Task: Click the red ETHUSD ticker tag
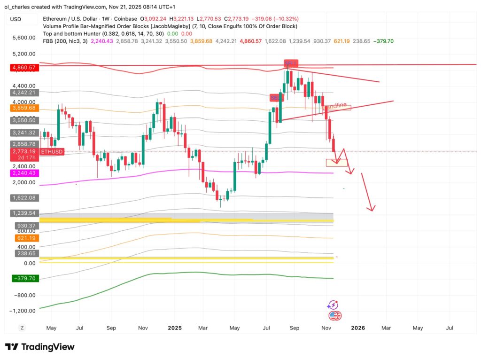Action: click(x=52, y=152)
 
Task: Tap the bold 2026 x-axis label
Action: click(x=358, y=327)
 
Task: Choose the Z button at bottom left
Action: click(x=22, y=327)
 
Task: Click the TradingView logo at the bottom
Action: click(x=40, y=347)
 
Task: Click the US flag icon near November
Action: click(x=335, y=316)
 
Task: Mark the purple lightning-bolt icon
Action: click(x=334, y=305)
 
